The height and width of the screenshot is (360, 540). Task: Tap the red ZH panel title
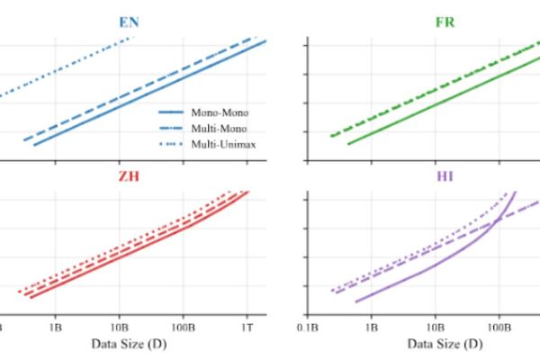127,176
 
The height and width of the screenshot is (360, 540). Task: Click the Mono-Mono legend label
220,112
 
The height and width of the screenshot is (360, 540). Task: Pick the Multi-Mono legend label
220,128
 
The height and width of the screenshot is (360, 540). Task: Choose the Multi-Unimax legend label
223,143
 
